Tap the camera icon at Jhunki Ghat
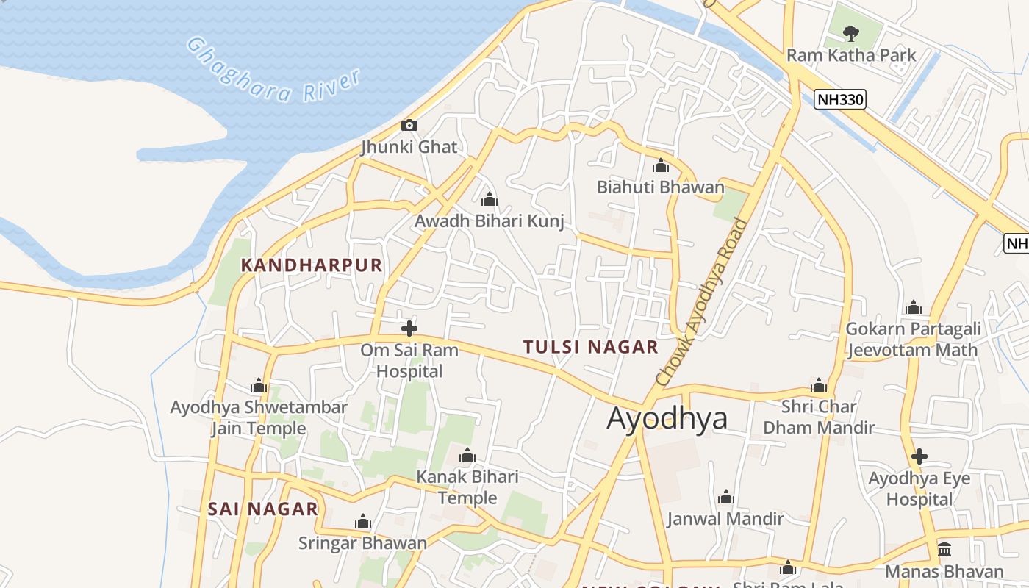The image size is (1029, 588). point(409,125)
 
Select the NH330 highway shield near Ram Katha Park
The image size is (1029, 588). point(840,98)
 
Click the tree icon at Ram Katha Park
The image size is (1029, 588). point(851,33)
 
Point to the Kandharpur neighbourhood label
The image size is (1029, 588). point(312,265)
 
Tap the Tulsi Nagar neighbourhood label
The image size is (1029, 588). point(590,347)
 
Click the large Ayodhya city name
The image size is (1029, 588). point(667,418)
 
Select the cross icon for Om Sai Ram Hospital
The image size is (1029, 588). point(409,328)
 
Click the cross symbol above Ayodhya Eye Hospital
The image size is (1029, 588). point(919,456)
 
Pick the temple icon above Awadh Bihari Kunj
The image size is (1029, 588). point(489,199)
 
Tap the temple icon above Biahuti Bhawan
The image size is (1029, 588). point(660,165)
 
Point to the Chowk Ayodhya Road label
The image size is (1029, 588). point(701,302)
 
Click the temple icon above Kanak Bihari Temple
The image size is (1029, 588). point(467,455)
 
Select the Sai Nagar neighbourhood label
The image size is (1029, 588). point(262,509)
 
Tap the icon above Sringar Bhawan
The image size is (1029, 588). point(362,522)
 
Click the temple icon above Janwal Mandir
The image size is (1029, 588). point(726,498)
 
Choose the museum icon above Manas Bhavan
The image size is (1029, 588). point(944,550)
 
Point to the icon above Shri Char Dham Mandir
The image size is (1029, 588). point(819,385)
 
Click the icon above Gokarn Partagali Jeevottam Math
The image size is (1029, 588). point(914,307)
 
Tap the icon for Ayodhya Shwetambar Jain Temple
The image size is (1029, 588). point(258,385)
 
